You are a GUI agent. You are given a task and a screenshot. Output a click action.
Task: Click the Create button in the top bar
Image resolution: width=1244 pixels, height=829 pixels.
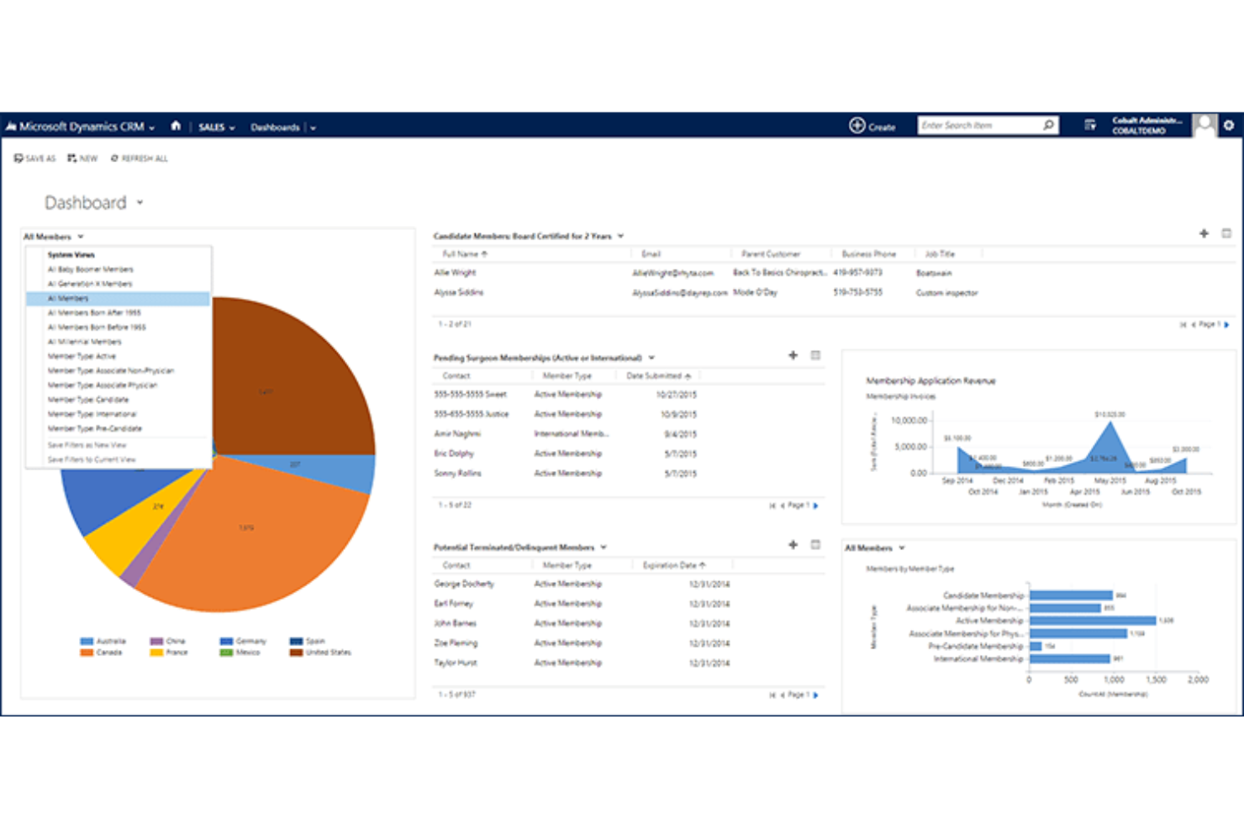click(872, 126)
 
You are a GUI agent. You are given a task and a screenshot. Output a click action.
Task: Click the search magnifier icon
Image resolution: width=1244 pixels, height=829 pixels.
click(1048, 125)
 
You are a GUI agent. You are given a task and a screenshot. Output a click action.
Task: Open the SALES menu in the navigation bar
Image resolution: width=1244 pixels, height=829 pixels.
click(216, 128)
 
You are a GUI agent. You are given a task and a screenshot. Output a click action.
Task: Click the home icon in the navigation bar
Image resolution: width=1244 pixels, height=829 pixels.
click(176, 126)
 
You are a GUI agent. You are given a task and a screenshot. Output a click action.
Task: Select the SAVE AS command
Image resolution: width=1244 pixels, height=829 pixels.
click(34, 158)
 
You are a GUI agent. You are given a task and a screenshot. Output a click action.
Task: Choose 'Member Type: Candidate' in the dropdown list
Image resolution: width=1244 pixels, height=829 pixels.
click(88, 400)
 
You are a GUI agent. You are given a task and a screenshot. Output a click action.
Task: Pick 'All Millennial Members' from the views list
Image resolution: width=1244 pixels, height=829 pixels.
click(84, 342)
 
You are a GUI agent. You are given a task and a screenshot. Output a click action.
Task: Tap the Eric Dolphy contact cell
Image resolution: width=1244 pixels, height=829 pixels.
click(454, 454)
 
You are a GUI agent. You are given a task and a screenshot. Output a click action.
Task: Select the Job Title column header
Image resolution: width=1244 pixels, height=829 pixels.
click(940, 254)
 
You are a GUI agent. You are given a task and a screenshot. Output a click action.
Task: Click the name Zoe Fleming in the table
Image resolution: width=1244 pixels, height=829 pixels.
click(456, 643)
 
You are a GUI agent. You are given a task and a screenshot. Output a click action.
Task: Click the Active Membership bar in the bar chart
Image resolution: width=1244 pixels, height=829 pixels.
click(1092, 621)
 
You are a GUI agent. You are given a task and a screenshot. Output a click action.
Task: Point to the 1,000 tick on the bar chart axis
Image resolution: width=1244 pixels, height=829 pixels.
click(1114, 679)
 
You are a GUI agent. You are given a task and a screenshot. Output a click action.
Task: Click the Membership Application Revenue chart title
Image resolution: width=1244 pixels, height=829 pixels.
click(930, 380)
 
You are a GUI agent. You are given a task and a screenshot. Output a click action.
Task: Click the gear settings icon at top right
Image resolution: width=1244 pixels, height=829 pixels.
click(1229, 125)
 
